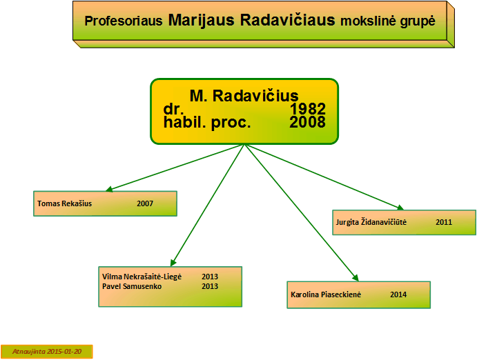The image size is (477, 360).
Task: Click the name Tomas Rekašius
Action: pyautogui.click(x=64, y=203)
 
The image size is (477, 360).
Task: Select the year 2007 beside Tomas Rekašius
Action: pyautogui.click(x=145, y=203)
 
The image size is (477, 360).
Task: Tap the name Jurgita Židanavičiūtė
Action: pyautogui.click(x=371, y=222)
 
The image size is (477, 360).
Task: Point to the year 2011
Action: pyautogui.click(x=444, y=222)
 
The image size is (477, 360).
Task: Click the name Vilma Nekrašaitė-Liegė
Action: pyautogui.click(x=142, y=277)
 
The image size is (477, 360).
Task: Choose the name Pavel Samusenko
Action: pyautogui.click(x=132, y=286)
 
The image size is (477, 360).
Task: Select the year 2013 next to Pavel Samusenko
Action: pyautogui.click(x=210, y=286)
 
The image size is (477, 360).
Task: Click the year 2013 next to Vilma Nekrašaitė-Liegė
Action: pyautogui.click(x=210, y=277)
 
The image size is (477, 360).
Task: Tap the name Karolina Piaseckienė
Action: pyautogui.click(x=326, y=294)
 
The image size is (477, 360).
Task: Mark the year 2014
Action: pyautogui.click(x=398, y=294)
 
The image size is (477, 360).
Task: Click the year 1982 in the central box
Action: pyautogui.click(x=308, y=109)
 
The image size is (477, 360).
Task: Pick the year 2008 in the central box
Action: pyautogui.click(x=308, y=122)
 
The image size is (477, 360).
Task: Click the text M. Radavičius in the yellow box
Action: pyautogui.click(x=244, y=96)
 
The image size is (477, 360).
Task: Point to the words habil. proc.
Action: pyautogui.click(x=207, y=123)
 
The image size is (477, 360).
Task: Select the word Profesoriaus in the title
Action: pyautogui.click(x=123, y=21)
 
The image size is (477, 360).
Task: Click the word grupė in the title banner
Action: pyautogui.click(x=418, y=21)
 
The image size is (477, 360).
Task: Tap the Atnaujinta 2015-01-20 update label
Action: pyautogui.click(x=47, y=352)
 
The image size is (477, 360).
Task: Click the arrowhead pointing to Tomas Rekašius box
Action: pyautogui.click(x=108, y=189)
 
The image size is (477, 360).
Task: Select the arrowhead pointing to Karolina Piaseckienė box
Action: pyautogui.click(x=356, y=278)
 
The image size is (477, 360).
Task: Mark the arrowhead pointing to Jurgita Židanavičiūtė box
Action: pyautogui.click(x=400, y=208)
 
